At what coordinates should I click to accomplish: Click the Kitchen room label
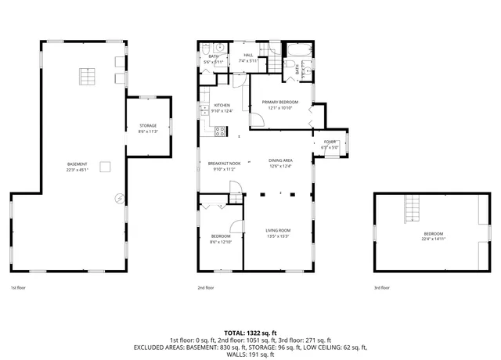222,105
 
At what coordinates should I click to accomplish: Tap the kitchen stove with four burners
222,131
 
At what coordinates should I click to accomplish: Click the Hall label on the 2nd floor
248,55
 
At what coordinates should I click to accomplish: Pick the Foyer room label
330,142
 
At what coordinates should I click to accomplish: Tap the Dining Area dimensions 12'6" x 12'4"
280,166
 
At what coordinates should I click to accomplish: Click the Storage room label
148,125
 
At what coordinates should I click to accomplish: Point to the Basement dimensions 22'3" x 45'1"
77,170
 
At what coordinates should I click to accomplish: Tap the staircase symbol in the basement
86,76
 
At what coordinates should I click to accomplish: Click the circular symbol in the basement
118,198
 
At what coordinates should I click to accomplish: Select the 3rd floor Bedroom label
433,234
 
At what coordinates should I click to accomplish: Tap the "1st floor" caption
19,288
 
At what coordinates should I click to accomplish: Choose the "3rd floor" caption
382,288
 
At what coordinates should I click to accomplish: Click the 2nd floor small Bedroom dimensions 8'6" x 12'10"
221,242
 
